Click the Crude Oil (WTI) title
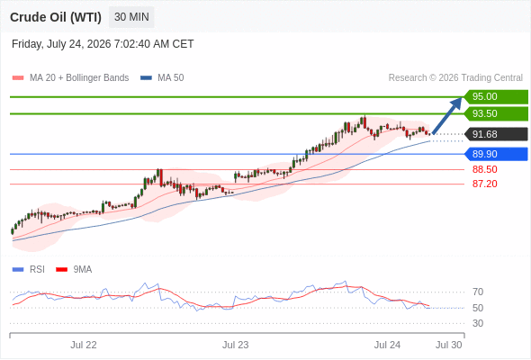[56, 17]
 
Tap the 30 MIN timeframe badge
[131, 17]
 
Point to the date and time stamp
[103, 44]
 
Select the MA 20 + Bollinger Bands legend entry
[70, 78]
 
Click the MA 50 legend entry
[162, 78]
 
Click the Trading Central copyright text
[455, 78]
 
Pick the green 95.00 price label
[496, 97]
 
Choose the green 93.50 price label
[496, 113]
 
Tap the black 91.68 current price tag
[496, 134]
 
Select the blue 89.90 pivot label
[496, 154]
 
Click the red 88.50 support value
[484, 169]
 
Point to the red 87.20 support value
[484, 184]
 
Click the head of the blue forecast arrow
[461, 98]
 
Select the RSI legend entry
[29, 270]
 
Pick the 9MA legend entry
[74, 270]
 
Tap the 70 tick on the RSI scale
[478, 292]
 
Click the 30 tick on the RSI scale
[478, 323]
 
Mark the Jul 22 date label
[84, 345]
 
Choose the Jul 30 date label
[449, 345]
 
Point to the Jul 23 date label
[236, 345]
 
